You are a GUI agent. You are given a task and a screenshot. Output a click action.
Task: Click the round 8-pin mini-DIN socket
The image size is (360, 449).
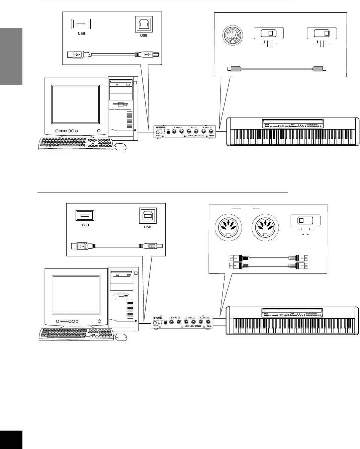pos(231,33)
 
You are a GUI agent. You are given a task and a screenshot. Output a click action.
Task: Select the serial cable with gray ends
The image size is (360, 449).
pos(276,69)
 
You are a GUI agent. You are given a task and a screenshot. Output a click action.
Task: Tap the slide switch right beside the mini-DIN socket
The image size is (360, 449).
pos(269,33)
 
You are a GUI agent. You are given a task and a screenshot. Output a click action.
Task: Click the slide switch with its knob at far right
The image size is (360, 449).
pos(322,33)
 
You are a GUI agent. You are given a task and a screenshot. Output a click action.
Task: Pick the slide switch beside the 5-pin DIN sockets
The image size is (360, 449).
pos(306,221)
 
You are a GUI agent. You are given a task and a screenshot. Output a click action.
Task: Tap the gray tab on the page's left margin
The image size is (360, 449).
pos(11,56)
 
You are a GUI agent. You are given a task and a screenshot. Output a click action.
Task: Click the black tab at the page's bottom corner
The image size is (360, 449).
pos(11,440)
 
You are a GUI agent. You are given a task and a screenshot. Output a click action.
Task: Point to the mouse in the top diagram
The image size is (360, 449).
pos(120,146)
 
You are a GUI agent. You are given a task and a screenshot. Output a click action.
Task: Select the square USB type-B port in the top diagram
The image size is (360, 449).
pos(144,24)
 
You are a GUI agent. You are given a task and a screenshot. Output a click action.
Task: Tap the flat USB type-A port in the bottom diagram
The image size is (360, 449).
pos(85,215)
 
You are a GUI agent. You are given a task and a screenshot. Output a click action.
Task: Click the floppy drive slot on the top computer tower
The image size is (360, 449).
pos(121,103)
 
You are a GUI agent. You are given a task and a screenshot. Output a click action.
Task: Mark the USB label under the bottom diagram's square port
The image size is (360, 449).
pos(148,227)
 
